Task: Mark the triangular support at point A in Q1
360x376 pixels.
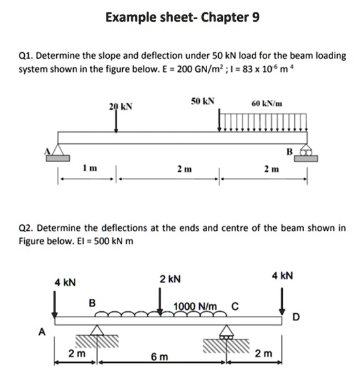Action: pyautogui.click(x=58, y=151)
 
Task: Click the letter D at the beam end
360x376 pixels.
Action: pyautogui.click(x=297, y=318)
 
